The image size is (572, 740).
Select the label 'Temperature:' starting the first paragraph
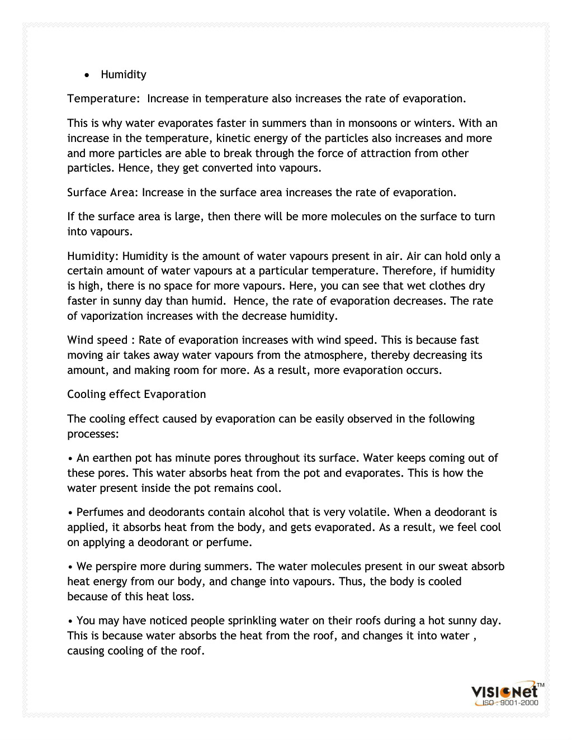pos(103,99)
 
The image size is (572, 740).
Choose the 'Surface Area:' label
pos(102,193)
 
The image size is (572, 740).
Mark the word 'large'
pos(187,217)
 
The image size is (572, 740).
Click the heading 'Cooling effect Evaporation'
pos(136,395)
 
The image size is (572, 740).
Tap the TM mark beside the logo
pos(541,685)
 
